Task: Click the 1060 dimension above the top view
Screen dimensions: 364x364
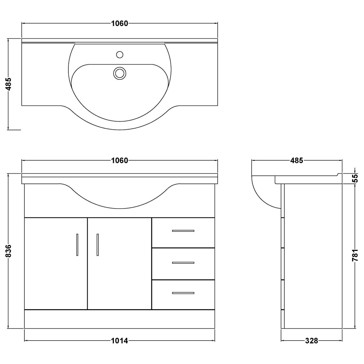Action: [x=120, y=23]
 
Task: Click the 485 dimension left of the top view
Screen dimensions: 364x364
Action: [x=9, y=84]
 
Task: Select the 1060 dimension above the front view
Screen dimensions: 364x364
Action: [x=120, y=161]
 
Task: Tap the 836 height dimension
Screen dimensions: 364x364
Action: [x=9, y=251]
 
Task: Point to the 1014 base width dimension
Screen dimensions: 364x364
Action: [x=120, y=341]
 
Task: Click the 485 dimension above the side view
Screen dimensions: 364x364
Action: [x=296, y=161]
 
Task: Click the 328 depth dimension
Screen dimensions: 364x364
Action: [x=311, y=341]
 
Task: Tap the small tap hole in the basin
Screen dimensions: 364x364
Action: [x=120, y=55]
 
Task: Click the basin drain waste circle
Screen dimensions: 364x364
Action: [x=120, y=73]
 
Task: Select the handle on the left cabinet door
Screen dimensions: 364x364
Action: [x=77, y=244]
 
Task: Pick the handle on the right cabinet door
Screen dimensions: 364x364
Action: [x=98, y=244]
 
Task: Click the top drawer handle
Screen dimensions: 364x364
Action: [x=183, y=231]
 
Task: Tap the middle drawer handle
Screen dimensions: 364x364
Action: [x=183, y=263]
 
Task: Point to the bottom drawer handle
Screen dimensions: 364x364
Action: [x=183, y=293]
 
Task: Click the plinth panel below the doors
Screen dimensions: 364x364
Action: [x=120, y=319]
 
